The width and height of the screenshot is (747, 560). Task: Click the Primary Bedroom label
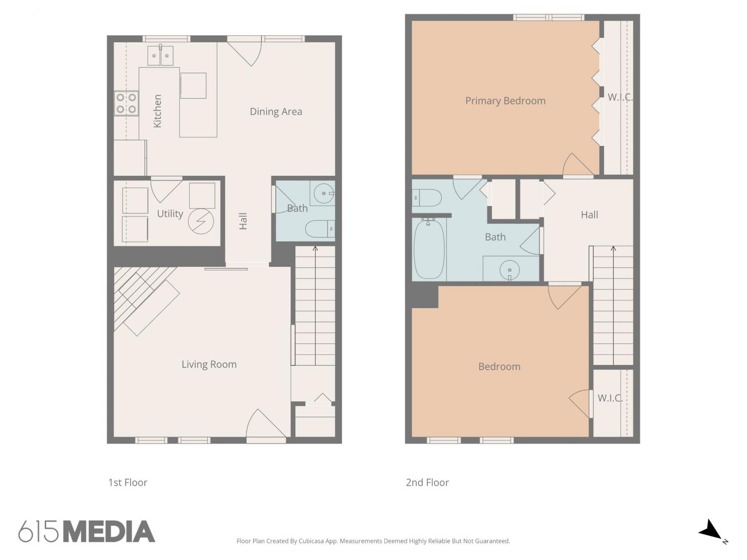505,101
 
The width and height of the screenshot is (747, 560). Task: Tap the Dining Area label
276,112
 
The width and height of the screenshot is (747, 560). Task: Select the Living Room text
209,364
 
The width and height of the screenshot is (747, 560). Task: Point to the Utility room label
170,214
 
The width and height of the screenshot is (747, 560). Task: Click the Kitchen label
157,111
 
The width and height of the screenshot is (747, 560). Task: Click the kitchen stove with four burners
126,104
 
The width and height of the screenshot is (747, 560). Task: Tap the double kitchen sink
160,55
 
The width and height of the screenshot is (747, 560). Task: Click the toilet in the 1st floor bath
320,228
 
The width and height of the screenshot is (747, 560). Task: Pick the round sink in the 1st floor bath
324,194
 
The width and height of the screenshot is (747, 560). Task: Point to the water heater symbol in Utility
201,222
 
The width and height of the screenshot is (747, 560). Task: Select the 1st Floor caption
127,482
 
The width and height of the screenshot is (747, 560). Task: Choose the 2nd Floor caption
427,482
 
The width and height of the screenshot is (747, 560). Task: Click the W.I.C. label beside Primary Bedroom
620,98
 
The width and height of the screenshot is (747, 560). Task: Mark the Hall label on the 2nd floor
589,215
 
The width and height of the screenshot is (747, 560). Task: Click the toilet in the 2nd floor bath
427,198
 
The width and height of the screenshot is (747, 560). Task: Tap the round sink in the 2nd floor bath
509,270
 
